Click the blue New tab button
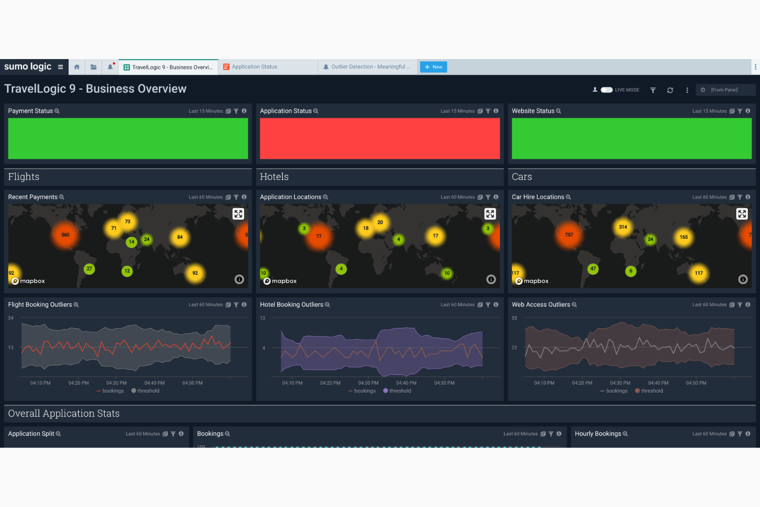433,67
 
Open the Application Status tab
254,67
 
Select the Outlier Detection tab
370,67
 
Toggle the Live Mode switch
606,90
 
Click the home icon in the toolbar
77,67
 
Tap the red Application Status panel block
379,138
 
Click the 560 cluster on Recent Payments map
65,235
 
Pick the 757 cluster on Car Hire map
569,235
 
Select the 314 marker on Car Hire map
623,227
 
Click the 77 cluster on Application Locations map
319,236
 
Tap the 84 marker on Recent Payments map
180,237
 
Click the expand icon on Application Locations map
490,214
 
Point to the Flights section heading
24,177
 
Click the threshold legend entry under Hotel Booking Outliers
400,391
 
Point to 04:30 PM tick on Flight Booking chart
117,383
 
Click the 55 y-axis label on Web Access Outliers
515,318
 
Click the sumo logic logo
28,67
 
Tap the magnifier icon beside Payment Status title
57,111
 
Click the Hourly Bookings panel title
598,434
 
